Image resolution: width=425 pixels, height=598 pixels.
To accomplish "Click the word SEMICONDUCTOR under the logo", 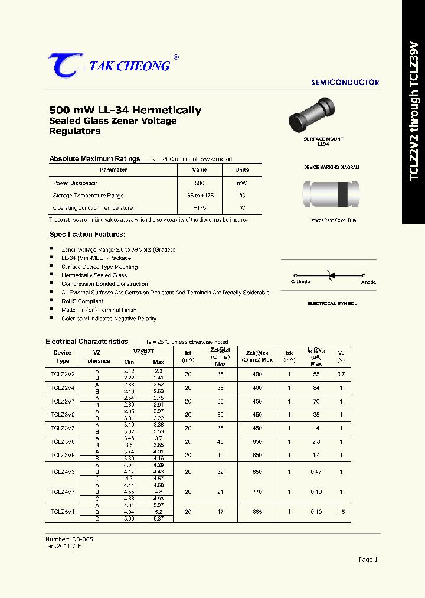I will pos(345,83).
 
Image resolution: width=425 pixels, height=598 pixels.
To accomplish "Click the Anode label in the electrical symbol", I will pos(368,282).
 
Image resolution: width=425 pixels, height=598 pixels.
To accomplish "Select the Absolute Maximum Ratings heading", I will pos(94,159).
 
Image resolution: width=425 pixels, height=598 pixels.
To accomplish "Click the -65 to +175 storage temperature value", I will pos(199,196).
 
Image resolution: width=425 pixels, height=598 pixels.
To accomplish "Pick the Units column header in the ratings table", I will pos(242,170).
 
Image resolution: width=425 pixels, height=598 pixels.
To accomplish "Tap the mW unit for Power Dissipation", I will pos(242,183).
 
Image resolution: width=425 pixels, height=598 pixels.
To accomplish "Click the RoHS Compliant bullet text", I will pos(82,301).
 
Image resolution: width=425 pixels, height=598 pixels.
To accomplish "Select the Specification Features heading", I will pos(87,235).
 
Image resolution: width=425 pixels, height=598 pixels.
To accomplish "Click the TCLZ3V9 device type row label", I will pos(62,455).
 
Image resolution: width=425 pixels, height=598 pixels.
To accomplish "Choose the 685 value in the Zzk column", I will pos(257,512).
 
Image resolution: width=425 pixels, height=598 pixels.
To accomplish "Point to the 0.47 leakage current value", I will pos(316,472).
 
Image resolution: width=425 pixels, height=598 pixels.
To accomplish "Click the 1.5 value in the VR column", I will pos(341,512).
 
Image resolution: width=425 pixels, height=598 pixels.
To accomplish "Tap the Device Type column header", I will pos(62,357).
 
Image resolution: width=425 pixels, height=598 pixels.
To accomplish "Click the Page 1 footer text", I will pos(368,560).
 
